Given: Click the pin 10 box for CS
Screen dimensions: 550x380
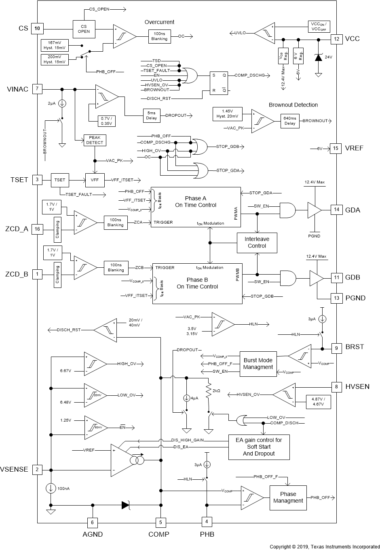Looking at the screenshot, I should pyautogui.click(x=37, y=28).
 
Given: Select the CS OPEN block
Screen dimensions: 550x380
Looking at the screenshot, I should pyautogui.click(x=84, y=28).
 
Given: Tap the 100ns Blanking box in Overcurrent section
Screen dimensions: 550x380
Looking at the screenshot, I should pyautogui.click(x=159, y=36).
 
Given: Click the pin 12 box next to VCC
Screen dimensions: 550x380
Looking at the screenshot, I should pyautogui.click(x=336, y=39).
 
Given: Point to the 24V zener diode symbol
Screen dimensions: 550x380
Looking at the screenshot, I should pyautogui.click(x=318, y=57).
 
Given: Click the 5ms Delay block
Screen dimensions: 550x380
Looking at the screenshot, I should pyautogui.click(x=151, y=115).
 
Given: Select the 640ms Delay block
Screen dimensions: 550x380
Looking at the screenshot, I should pyautogui.click(x=290, y=121).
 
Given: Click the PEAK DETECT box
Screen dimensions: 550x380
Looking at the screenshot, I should pyautogui.click(x=95, y=140).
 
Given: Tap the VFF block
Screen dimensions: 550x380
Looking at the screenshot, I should pyautogui.click(x=95, y=180).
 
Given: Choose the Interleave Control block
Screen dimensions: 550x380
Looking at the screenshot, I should pyautogui.click(x=257, y=242).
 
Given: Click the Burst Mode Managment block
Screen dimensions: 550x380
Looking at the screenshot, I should pyautogui.click(x=258, y=364).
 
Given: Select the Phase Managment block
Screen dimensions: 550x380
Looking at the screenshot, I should pyautogui.click(x=288, y=497).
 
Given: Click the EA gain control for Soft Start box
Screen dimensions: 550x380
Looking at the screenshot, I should pyautogui.click(x=259, y=447).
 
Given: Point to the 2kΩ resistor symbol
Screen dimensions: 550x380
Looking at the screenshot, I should pyautogui.click(x=209, y=391).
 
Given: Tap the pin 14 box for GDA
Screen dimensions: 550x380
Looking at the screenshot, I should pyautogui.click(x=336, y=210).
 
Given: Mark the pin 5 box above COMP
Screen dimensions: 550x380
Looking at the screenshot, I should pyautogui.click(x=160, y=523).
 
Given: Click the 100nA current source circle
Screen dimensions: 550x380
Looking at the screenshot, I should pyautogui.click(x=51, y=488).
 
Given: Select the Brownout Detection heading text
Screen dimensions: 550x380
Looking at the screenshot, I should pyautogui.click(x=293, y=105).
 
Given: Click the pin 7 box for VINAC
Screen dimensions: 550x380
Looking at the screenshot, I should pyautogui.click(x=37, y=89).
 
